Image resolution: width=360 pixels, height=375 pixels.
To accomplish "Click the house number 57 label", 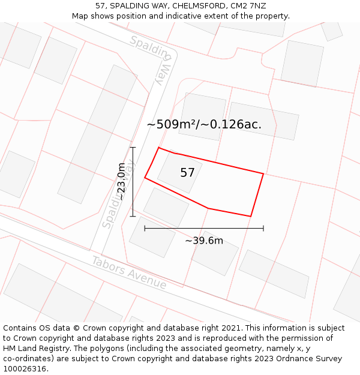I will pos(187,173).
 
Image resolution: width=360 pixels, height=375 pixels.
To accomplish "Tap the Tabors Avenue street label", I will pos(128,272).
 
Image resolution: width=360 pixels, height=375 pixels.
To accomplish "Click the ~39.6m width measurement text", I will pos(204,241).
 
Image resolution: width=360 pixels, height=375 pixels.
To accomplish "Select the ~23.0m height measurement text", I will pos(121,181).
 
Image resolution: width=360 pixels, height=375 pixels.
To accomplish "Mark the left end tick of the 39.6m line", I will pos(145,228).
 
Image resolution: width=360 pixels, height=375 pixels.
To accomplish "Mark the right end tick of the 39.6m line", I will pos(263,228).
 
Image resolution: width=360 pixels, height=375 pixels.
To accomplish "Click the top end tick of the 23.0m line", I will pos(133,147).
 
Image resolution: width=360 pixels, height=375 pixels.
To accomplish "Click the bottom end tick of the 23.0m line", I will pos(133,216).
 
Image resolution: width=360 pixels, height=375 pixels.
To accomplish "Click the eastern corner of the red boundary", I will pos(263,174).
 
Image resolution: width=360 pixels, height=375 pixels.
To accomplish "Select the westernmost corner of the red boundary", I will pos(145,178).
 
